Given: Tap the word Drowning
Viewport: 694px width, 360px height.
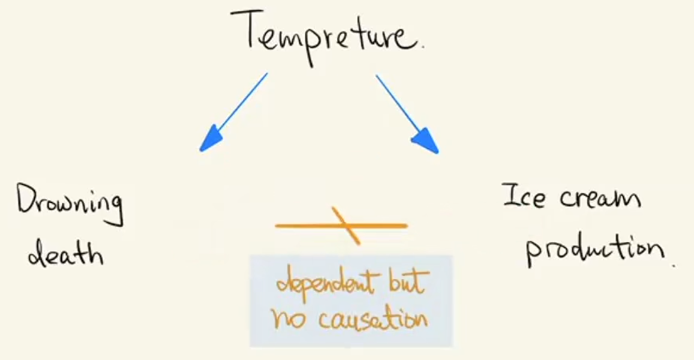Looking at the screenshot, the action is pos(70,205).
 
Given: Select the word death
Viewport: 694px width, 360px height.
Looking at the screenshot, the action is pos(65,252).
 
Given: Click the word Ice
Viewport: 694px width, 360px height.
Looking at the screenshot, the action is pos(524,196).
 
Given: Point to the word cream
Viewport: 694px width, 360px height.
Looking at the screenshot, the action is pos(600,198).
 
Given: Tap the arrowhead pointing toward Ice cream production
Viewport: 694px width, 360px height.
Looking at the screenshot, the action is pos(426,141).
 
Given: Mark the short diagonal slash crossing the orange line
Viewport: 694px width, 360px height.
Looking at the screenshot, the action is pos(346,226).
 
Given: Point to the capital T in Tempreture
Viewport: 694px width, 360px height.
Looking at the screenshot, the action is pos(247,29).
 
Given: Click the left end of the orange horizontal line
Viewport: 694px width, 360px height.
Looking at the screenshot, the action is pos(276,226).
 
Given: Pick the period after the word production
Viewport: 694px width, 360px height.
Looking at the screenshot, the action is pos(674,266).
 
